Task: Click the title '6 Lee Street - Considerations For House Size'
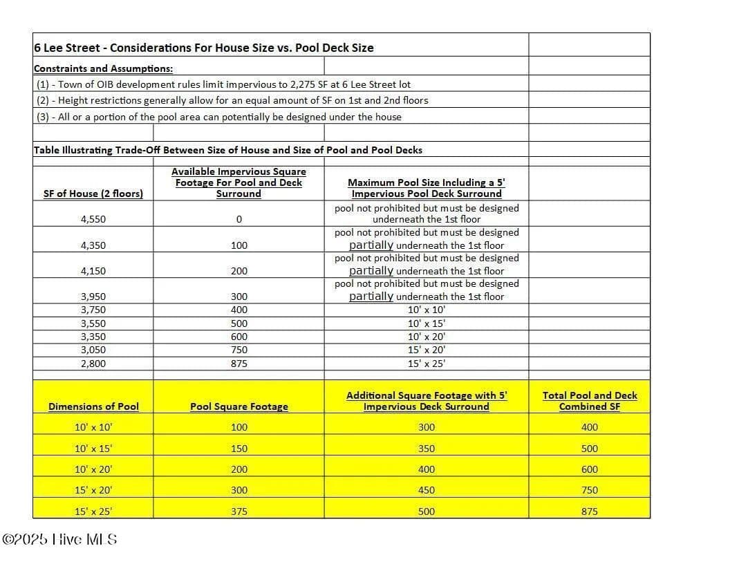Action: point(203,48)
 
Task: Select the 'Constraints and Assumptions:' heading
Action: point(103,68)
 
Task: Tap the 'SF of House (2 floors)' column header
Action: point(93,194)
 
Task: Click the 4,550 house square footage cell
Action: point(93,219)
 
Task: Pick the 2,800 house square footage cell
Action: point(93,363)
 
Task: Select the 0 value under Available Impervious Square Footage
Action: point(238,219)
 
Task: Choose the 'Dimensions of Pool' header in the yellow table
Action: point(93,406)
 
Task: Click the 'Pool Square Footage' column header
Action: point(238,406)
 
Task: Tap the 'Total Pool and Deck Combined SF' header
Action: point(590,401)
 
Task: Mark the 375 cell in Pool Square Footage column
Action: point(238,511)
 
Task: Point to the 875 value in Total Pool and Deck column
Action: point(590,511)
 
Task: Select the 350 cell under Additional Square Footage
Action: point(427,449)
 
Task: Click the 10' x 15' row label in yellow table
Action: point(93,449)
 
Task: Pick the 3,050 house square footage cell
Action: point(93,350)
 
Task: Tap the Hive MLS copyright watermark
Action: point(60,539)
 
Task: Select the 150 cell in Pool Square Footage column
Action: point(238,449)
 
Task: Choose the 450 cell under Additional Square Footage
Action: point(427,490)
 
